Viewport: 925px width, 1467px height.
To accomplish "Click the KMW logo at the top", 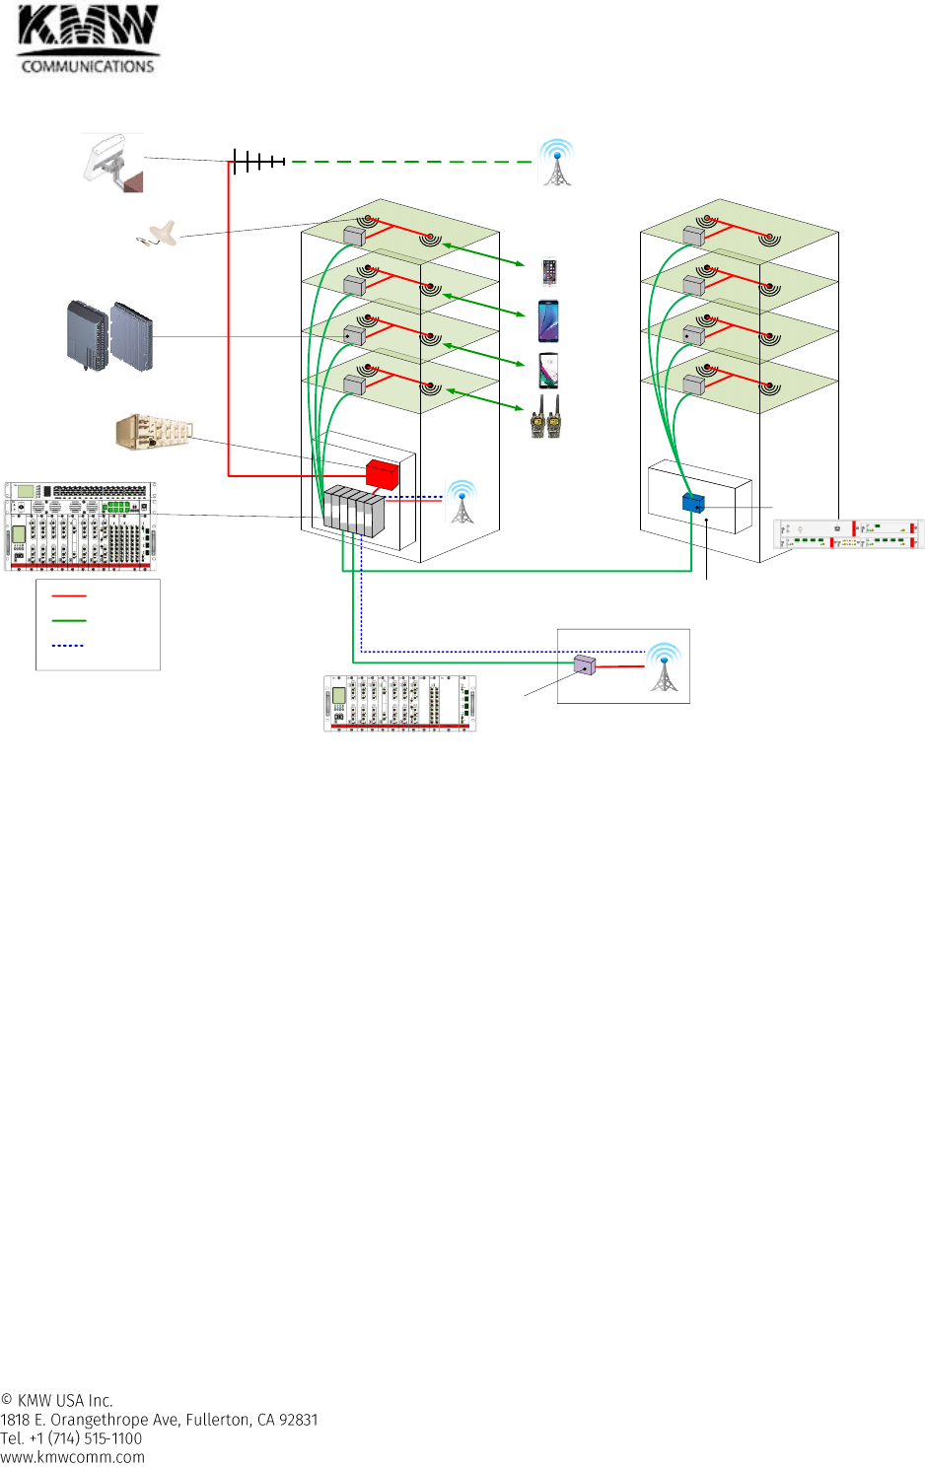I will tap(87, 27).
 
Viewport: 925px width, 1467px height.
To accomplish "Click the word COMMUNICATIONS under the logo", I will tap(88, 66).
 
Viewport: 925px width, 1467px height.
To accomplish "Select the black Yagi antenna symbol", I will tap(258, 161).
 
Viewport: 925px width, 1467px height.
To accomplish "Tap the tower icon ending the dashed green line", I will tap(557, 163).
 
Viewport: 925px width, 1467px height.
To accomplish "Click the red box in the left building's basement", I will tap(382, 474).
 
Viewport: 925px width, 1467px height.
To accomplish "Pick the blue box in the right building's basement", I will tap(693, 503).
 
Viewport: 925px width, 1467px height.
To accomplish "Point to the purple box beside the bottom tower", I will tap(585, 665).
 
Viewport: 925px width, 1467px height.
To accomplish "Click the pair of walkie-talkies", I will tap(545, 417).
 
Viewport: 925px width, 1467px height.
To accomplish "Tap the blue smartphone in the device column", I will tap(548, 321).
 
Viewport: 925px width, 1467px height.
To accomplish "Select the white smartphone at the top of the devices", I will tap(549, 271).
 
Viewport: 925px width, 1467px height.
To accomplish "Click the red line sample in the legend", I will tap(69, 596).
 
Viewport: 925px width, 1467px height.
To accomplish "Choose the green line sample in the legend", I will tap(69, 621).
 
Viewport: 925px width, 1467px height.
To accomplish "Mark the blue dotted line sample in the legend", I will tap(68, 646).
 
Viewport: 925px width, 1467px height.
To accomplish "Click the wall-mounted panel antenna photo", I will tap(114, 163).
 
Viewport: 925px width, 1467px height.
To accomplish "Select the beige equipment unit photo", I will tap(154, 432).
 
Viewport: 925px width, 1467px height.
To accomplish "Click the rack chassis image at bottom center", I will tap(400, 703).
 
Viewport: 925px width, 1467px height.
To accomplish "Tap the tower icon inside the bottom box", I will tap(664, 667).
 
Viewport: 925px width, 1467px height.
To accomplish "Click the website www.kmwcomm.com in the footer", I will tap(72, 1457).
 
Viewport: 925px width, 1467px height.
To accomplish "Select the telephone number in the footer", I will tap(71, 1438).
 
